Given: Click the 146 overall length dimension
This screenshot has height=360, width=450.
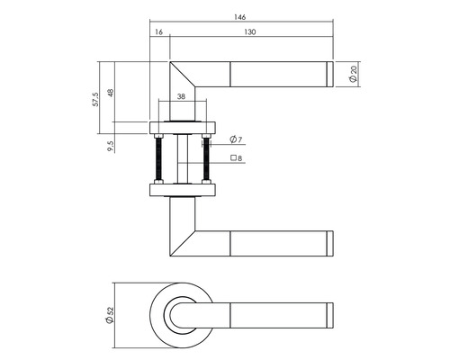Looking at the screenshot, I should coord(241,17).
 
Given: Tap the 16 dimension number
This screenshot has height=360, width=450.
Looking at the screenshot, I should coord(159,32).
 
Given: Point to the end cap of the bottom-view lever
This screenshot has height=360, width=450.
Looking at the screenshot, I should coord(328,314).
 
